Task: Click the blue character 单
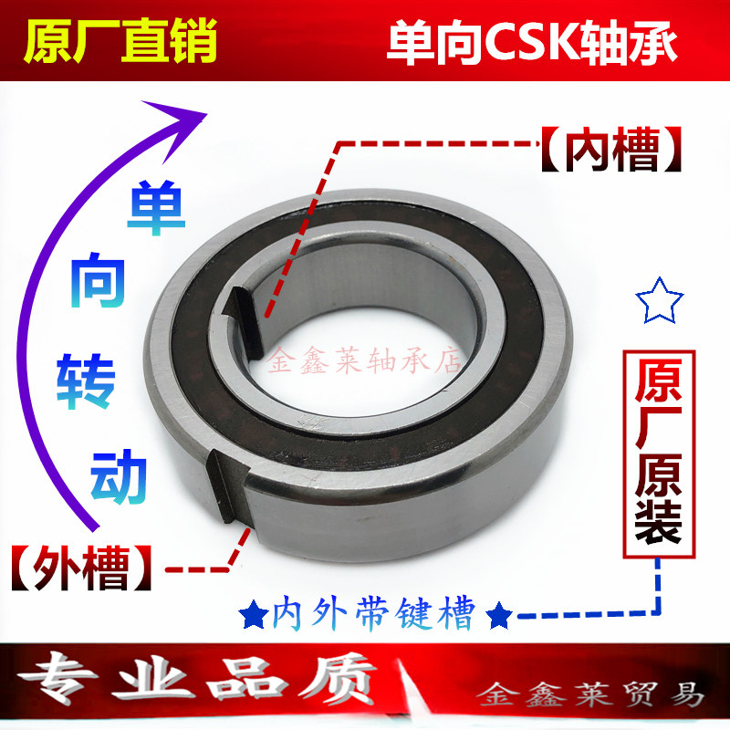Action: (x=154, y=209)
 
